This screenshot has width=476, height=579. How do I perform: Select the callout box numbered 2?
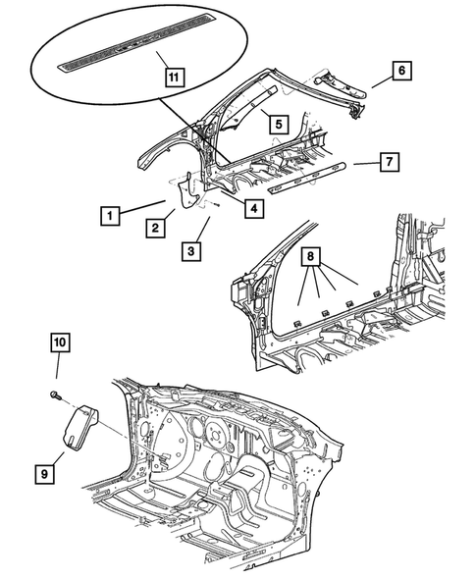click(x=155, y=229)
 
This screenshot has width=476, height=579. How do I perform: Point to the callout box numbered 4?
click(x=253, y=208)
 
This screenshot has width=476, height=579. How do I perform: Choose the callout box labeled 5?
click(x=279, y=125)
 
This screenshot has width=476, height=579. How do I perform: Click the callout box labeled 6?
click(x=400, y=70)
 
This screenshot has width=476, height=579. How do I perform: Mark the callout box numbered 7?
click(x=389, y=161)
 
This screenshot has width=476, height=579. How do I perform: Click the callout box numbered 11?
click(x=172, y=77)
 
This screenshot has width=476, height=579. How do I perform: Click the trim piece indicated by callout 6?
click(x=339, y=89)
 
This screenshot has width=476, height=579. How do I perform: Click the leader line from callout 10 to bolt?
click(x=58, y=371)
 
